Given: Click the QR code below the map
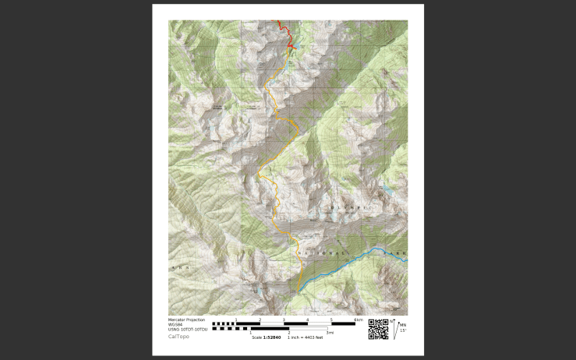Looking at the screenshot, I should pyautogui.click(x=378, y=329).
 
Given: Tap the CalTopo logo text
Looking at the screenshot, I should pyautogui.click(x=178, y=337).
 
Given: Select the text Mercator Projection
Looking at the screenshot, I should pyautogui.click(x=186, y=319).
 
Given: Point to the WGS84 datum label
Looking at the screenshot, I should pyautogui.click(x=175, y=324).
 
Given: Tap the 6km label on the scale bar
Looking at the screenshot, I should pyautogui.click(x=359, y=319).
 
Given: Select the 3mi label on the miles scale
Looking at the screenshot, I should pyautogui.click(x=330, y=333).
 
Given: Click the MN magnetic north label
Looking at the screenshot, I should pyautogui.click(x=402, y=324).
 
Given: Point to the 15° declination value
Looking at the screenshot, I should pyautogui.click(x=403, y=330).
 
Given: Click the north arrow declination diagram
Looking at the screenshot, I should pyautogui.click(x=394, y=329).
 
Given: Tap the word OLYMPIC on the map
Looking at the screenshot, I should pyautogui.click(x=348, y=208).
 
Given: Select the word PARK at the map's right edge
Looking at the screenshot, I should pyautogui.click(x=398, y=255).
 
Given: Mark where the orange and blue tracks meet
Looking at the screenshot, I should pyautogui.click(x=299, y=290).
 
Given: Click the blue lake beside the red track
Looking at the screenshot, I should pyautogui.click(x=293, y=48).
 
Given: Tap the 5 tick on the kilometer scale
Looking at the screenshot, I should pyautogui.click(x=331, y=319).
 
